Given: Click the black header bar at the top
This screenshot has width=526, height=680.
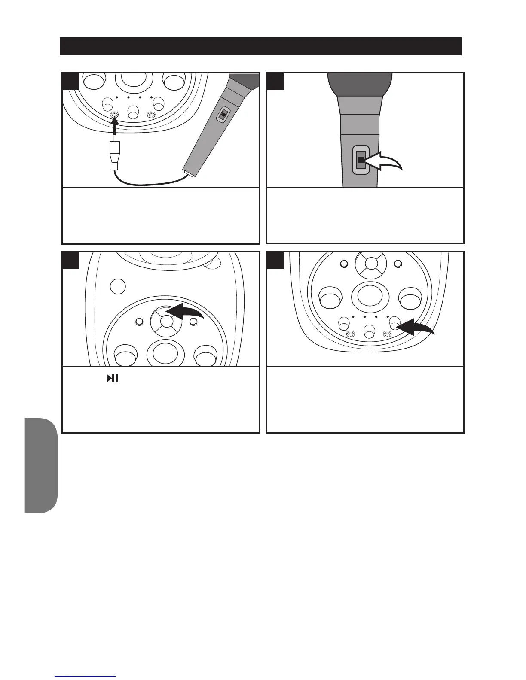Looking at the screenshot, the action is click(260, 46).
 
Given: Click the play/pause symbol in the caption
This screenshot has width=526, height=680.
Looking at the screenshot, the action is click(113, 378).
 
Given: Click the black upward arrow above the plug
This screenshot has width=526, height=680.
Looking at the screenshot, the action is click(115, 124).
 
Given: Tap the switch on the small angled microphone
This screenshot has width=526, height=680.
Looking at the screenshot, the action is click(223, 115).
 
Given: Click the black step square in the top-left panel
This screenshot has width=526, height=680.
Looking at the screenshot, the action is click(71, 81).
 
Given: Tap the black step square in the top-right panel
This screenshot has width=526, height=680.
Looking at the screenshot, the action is click(275, 81).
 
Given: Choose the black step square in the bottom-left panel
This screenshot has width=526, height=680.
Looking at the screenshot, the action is click(71, 261).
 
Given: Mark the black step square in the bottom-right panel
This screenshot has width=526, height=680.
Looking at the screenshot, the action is click(275, 261).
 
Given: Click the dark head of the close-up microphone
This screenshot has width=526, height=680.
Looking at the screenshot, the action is click(360, 84).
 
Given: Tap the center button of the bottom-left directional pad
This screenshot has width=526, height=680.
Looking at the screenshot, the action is click(166, 322).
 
